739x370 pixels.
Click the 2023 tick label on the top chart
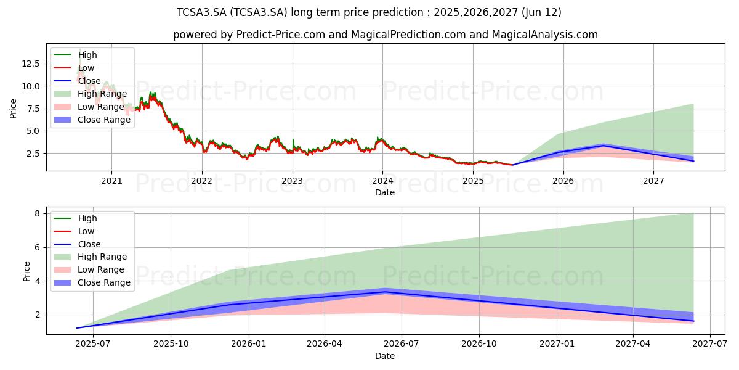tap(293, 181)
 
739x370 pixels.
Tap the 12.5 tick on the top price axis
tap(31, 64)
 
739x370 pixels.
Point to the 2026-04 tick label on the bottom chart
tap(325, 344)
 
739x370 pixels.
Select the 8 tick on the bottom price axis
tap(37, 214)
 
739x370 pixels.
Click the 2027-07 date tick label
tap(709, 344)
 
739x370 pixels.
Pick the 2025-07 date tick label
tap(93, 344)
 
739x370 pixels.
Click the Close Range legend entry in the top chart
tap(92, 120)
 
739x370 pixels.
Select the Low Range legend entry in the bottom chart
tap(89, 269)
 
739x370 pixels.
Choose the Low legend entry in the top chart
tap(74, 68)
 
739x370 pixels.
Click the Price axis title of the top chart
tap(13, 109)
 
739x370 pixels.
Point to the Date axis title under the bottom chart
tap(385, 356)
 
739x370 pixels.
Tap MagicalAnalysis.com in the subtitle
tap(544, 35)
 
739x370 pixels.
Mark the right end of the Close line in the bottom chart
tap(693, 321)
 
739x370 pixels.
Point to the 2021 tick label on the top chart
tap(111, 181)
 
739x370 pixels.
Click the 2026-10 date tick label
tap(479, 344)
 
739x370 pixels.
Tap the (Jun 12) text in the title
tap(541, 12)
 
